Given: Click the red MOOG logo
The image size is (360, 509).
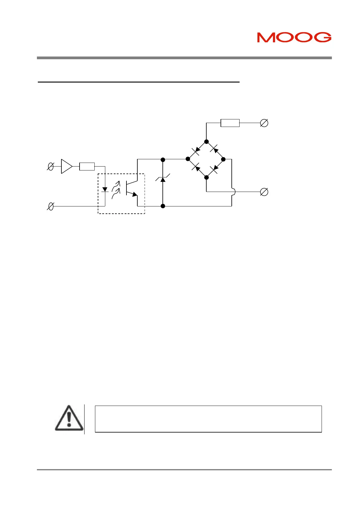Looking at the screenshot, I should (x=294, y=37).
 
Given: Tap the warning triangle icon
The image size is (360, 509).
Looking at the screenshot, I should (x=69, y=418).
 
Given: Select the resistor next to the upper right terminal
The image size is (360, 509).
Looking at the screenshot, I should (x=230, y=123).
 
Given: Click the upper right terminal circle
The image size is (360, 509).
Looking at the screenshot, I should (x=264, y=123).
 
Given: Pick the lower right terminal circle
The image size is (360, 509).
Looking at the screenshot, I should (x=264, y=192).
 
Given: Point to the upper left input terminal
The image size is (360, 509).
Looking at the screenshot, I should (x=51, y=167).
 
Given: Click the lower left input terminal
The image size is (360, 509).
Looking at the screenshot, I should (x=51, y=206).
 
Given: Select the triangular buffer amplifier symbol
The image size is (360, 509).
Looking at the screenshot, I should (x=66, y=167).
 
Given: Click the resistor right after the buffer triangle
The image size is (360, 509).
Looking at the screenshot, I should (x=87, y=167).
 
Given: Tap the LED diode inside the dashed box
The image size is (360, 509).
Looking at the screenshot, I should (x=105, y=190).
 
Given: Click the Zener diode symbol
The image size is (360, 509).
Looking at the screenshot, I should (x=163, y=180).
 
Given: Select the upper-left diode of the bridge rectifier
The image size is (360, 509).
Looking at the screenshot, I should (x=197, y=150).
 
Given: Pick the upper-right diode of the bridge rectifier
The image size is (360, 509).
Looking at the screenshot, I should (x=214, y=149).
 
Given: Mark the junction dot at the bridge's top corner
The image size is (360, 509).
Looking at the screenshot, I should (x=206, y=141).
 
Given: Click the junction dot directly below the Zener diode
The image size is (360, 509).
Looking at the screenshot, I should (x=163, y=206).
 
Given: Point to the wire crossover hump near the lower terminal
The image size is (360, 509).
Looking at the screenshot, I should (x=233, y=192).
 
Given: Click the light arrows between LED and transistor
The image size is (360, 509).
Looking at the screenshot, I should (x=116, y=189).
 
